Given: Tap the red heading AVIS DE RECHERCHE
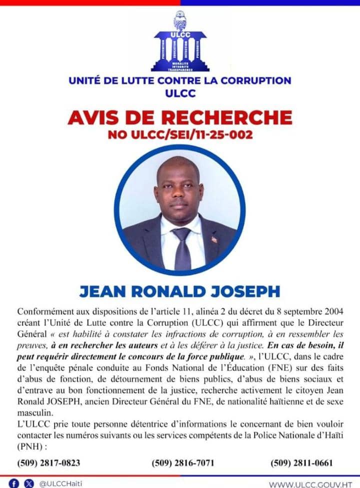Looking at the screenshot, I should (x=180, y=117).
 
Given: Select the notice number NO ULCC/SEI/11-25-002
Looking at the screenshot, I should (x=180, y=134).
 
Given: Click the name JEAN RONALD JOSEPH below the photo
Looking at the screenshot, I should (x=179, y=291).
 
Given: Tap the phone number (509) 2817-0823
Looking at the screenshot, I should (x=48, y=462).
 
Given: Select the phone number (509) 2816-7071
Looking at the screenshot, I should (x=183, y=462).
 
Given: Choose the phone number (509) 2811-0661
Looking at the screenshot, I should (x=301, y=462).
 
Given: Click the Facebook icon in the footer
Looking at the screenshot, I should (x=14, y=483).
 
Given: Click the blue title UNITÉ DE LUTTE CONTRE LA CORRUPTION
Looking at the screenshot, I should (x=180, y=80).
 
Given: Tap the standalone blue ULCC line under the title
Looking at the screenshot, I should (x=179, y=93).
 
